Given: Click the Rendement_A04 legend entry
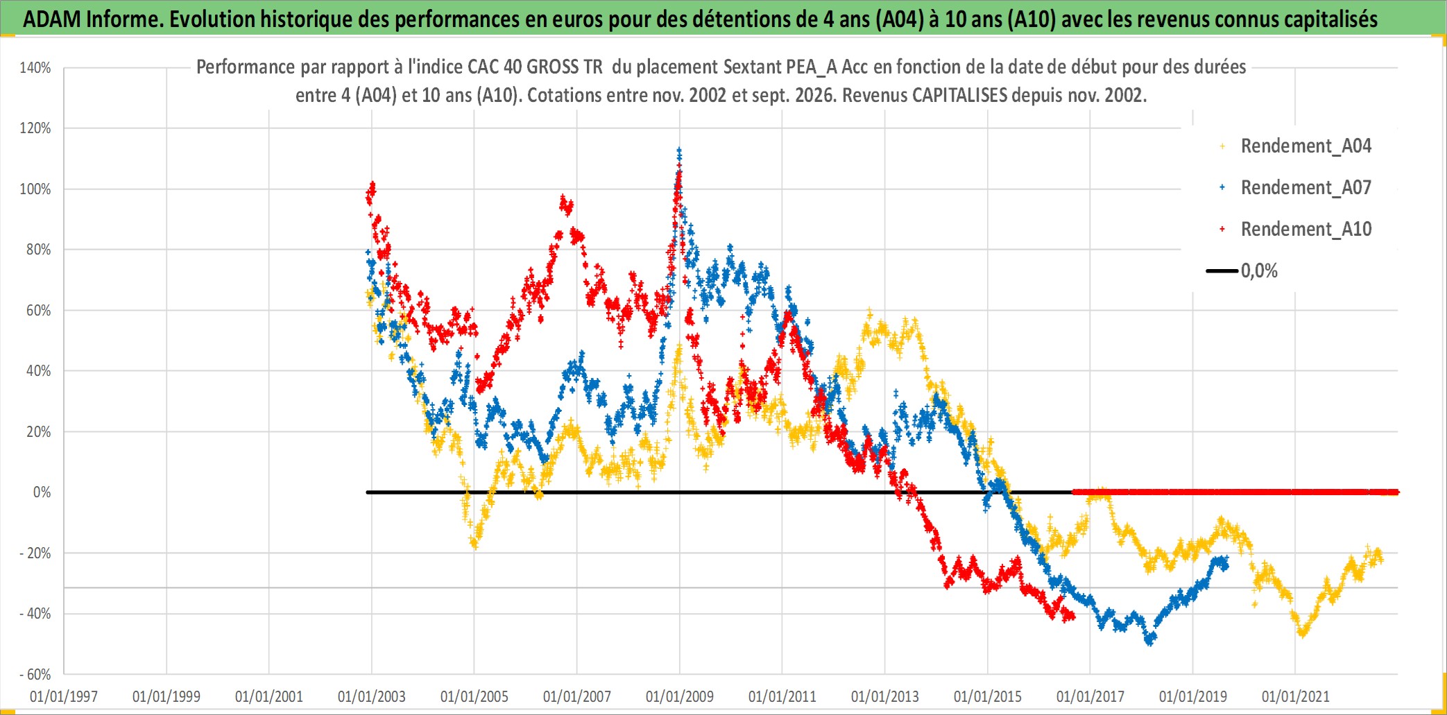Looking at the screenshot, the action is click(x=1296, y=146).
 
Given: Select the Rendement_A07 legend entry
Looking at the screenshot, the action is click(x=1296, y=187).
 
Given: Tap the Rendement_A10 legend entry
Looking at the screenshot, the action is click(x=1296, y=229).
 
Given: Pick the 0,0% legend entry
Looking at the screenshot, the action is click(x=1242, y=270).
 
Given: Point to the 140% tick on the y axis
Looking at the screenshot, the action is click(x=35, y=68).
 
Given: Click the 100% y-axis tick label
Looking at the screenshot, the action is click(x=35, y=189).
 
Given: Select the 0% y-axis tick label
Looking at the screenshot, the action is click(x=42, y=492).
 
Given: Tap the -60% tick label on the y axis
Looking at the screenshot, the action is click(x=35, y=674).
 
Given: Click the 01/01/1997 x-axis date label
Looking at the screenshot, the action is click(x=64, y=696).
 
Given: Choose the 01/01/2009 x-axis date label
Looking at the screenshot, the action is click(x=680, y=696).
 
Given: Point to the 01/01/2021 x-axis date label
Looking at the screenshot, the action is click(x=1296, y=696).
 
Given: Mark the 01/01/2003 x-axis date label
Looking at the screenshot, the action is click(x=372, y=696).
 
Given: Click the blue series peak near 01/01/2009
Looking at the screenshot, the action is click(x=679, y=150).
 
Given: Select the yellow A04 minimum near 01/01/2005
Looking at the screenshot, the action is click(x=475, y=546).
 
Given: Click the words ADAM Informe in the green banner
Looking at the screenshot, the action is click(x=92, y=19).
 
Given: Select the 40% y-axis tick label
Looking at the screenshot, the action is click(x=39, y=371).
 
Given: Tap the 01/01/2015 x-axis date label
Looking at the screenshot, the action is click(x=988, y=696).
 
